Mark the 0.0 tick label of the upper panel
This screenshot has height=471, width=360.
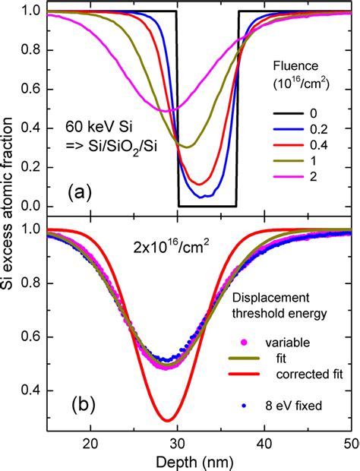(32, 207)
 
